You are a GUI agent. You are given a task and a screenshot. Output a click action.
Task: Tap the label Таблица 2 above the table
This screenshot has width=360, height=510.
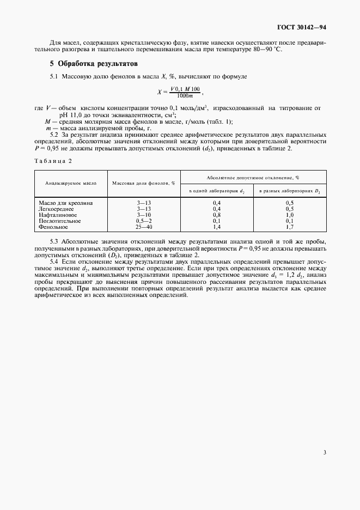53,161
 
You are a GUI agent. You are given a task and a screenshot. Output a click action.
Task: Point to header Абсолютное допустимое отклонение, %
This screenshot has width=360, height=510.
253,177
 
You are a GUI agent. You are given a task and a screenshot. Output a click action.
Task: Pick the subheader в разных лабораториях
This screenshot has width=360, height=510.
289,191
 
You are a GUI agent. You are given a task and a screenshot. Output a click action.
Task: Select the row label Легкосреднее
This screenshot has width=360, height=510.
56,209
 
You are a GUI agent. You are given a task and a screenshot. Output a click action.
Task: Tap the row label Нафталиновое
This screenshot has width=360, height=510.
57,215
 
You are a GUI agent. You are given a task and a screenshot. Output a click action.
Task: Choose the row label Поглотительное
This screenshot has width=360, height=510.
59,221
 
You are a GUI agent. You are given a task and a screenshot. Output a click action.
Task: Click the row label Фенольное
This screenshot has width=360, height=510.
53,227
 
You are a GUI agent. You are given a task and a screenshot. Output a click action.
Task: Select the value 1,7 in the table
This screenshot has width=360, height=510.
290,227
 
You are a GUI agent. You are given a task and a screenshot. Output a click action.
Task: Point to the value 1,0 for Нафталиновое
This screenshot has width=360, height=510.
290,215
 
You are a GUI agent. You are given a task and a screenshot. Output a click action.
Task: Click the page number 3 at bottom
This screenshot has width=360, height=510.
325,452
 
